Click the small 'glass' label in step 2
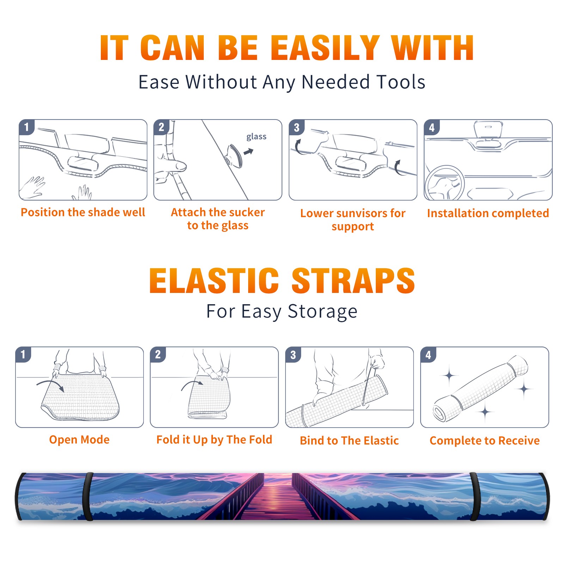coord(256,137)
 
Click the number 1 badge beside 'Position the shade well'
coord(27,127)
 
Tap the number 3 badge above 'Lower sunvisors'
coord(296,127)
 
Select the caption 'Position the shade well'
coord(83,212)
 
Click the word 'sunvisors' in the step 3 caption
coord(356,213)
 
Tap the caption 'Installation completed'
coord(488,213)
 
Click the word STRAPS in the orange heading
coord(353,281)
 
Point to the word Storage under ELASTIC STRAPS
coord(323,312)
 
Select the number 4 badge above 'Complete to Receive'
coord(428,355)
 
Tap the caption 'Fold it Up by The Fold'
coord(214,440)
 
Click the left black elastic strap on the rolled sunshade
coord(88,497)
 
